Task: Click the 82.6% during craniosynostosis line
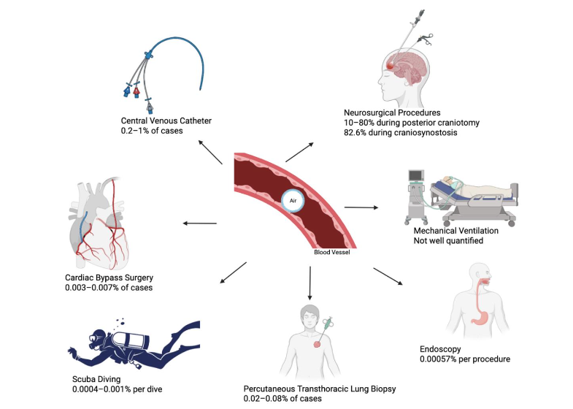pos(401,134)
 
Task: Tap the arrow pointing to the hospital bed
pos(362,208)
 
